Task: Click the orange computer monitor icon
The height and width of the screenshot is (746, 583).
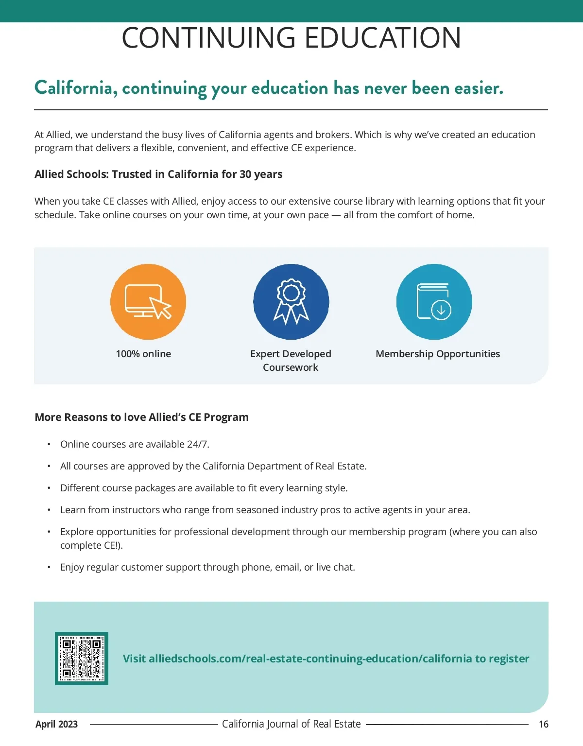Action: pyautogui.click(x=148, y=302)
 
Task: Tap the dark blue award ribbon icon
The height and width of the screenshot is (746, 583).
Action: pyautogui.click(x=291, y=302)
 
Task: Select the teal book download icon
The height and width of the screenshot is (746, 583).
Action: pyautogui.click(x=434, y=302)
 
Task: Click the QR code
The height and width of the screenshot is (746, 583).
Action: pyautogui.click(x=82, y=659)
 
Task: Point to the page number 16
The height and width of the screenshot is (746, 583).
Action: pyautogui.click(x=544, y=724)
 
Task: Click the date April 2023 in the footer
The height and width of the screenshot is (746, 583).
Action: pyautogui.click(x=56, y=724)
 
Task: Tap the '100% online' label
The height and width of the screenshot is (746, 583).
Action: pyautogui.click(x=143, y=354)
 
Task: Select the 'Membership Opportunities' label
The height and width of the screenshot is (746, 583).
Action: pyautogui.click(x=438, y=354)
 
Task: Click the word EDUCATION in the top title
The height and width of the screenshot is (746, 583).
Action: pyautogui.click(x=383, y=38)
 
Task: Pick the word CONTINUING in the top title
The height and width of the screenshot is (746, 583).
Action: pyautogui.click(x=208, y=38)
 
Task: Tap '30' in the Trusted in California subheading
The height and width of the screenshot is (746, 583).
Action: pyautogui.click(x=245, y=174)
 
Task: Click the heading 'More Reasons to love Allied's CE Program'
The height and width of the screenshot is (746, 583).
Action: pyautogui.click(x=141, y=417)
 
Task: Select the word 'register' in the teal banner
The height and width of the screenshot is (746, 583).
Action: pyautogui.click(x=509, y=659)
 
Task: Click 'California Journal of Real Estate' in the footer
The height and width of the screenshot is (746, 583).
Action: pyautogui.click(x=291, y=724)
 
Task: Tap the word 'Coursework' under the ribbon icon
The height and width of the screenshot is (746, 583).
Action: pyautogui.click(x=291, y=367)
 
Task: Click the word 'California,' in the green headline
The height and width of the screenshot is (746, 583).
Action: pyautogui.click(x=76, y=88)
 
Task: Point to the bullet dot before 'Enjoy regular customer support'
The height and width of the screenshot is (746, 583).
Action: pyautogui.click(x=49, y=567)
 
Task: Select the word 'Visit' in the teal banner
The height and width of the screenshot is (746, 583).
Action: pyautogui.click(x=134, y=659)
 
